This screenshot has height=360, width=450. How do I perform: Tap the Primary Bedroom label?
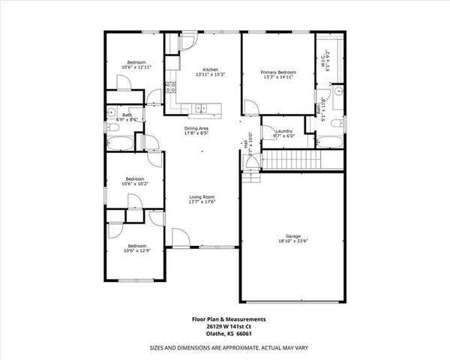277,72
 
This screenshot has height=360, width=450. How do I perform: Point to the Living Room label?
202,196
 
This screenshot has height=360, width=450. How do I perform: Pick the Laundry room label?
284,131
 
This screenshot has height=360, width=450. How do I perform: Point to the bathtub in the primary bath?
331,142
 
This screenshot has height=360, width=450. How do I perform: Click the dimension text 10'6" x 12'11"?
136,67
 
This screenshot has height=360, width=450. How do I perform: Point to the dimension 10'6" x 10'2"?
136,184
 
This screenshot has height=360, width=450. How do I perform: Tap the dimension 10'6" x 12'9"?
136,250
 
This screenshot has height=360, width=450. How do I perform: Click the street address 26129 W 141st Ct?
228,326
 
